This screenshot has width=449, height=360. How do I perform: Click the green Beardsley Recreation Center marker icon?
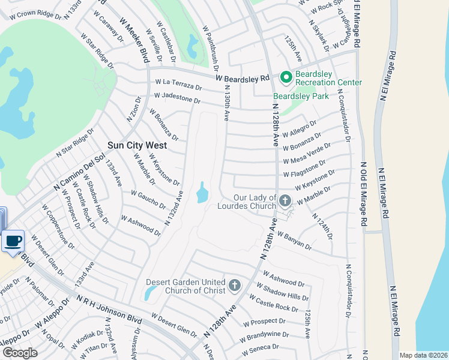[286, 77]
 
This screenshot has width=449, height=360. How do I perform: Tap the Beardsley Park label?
[301, 96]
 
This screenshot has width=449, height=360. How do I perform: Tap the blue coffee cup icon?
[13, 241]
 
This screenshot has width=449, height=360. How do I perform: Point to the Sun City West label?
[137, 145]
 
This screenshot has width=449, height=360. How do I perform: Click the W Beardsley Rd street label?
[243, 79]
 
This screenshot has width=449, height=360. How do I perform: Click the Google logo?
[20, 353]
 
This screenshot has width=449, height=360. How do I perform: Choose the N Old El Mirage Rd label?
[363, 193]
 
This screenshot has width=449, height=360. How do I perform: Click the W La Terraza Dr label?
[178, 84]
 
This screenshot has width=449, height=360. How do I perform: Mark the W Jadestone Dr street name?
[177, 98]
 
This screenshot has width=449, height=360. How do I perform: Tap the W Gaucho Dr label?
[148, 199]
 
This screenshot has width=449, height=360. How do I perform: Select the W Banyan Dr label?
[294, 241]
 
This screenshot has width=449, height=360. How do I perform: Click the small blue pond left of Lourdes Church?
[202, 193]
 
